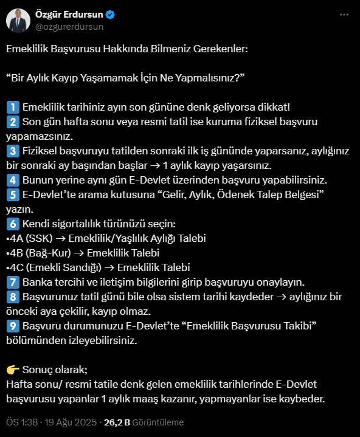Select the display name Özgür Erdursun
tap(71, 14)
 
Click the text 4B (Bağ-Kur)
tap(38, 253)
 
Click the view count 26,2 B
tap(118, 422)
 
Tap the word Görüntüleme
tap(159, 422)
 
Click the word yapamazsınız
tap(38, 136)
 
